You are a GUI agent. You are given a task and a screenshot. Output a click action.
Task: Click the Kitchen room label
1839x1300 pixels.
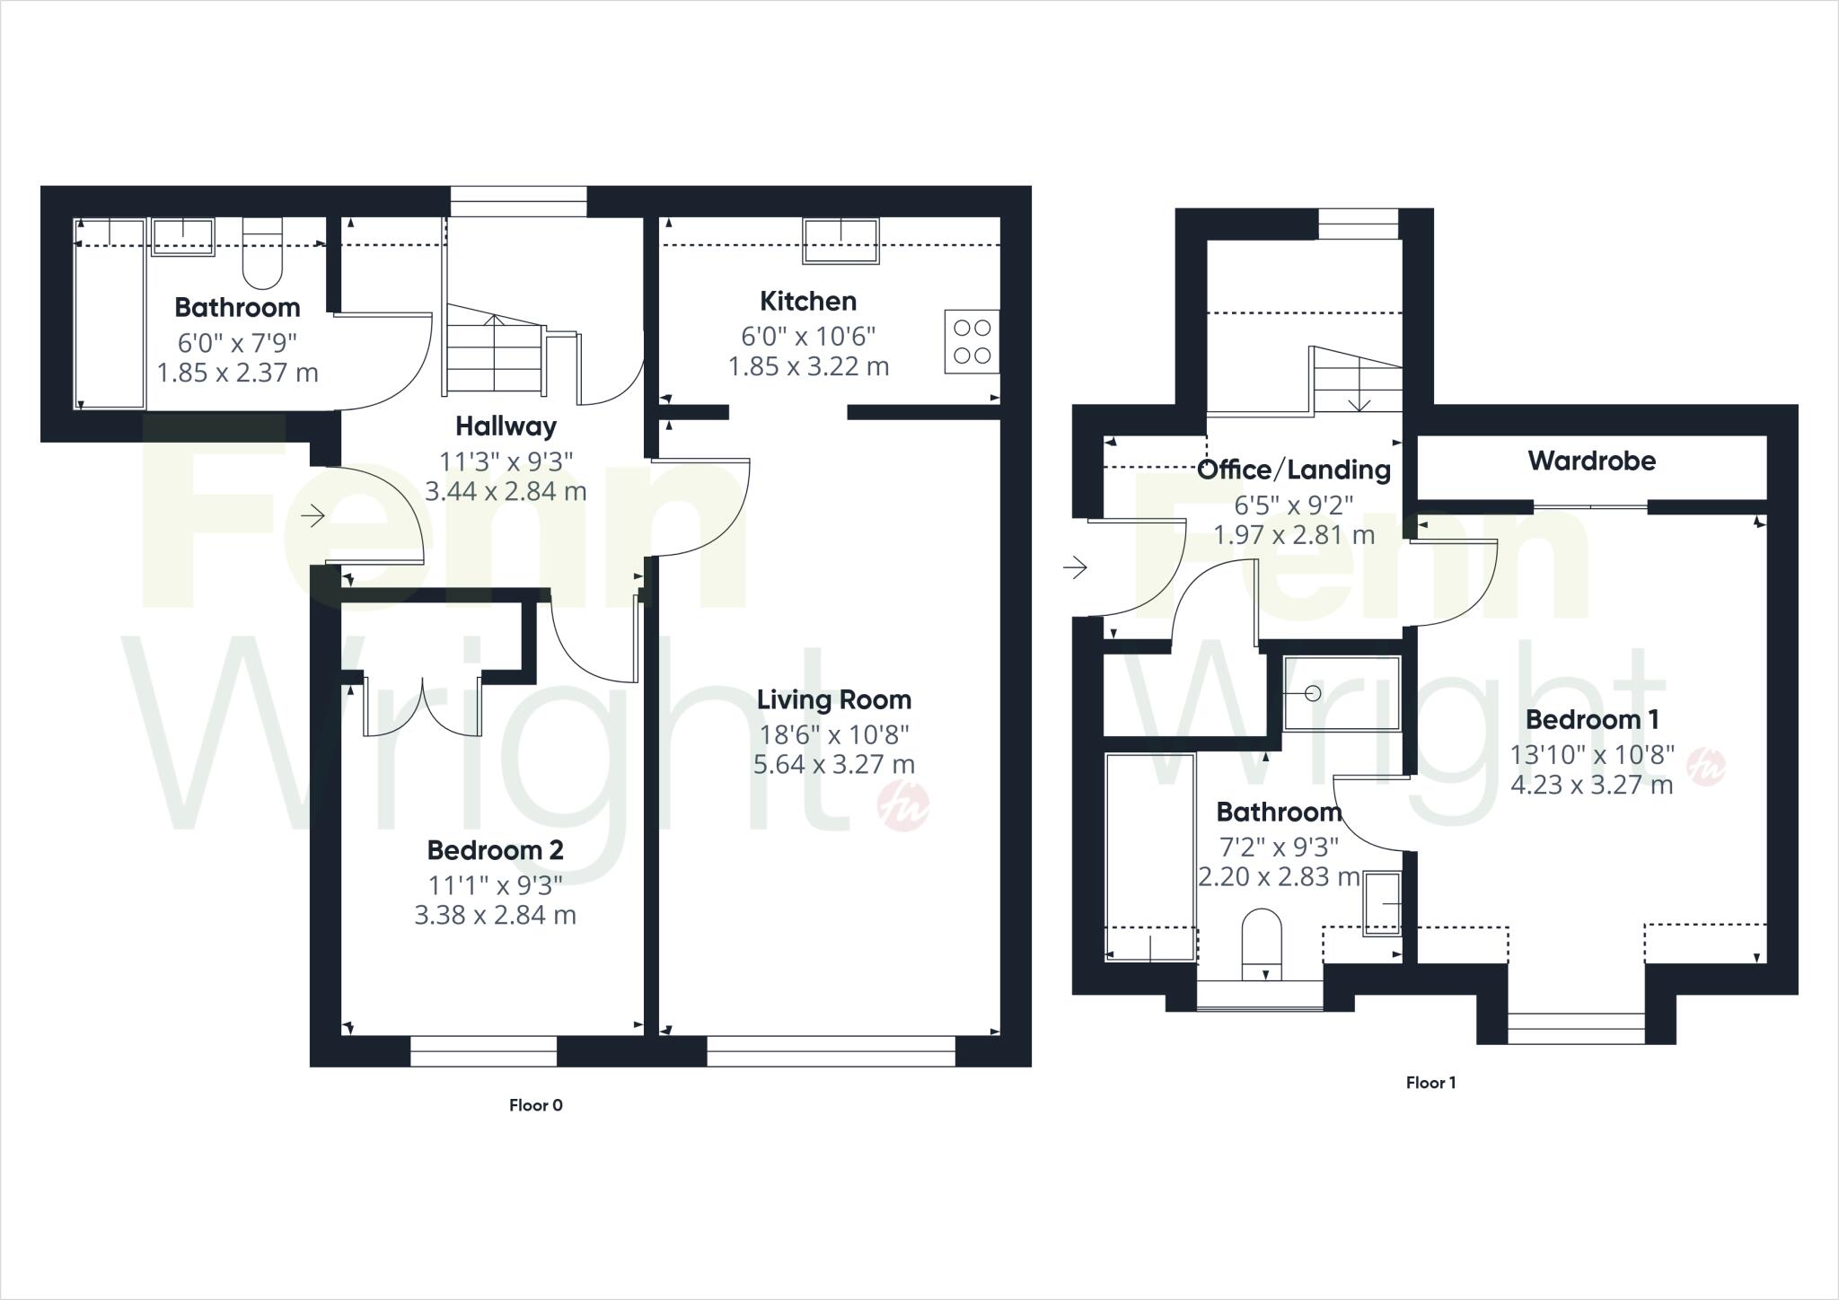807,302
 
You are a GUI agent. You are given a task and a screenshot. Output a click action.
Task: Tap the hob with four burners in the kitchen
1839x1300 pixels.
972,341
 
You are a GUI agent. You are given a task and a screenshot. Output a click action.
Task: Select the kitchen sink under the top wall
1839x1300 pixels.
841,241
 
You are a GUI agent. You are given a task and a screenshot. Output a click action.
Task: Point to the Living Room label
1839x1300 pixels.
833,699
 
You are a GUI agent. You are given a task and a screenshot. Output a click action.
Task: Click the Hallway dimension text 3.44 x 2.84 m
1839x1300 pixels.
506,491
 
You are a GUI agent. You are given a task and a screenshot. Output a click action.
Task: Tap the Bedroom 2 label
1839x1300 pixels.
495,849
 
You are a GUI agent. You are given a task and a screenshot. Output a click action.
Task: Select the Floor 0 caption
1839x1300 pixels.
535,1105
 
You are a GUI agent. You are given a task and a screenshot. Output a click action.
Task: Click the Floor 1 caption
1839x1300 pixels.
1430,1083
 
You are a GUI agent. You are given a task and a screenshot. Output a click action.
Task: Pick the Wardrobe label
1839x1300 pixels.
1591,461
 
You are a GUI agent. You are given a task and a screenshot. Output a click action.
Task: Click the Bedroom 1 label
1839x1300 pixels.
1591,720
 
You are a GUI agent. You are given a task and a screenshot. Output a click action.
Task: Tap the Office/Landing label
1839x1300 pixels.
1293,470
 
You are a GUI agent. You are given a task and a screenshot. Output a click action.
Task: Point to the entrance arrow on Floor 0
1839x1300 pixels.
312,516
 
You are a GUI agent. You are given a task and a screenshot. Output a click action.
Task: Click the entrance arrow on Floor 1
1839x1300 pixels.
1075,567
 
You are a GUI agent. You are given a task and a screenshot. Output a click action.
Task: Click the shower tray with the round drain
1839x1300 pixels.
1341,693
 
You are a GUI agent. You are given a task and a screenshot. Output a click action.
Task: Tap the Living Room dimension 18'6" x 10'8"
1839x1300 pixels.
833,734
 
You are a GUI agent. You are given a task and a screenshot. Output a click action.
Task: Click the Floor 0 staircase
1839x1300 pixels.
493,349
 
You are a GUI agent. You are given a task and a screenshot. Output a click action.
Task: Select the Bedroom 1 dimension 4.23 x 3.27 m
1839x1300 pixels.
1591,786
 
